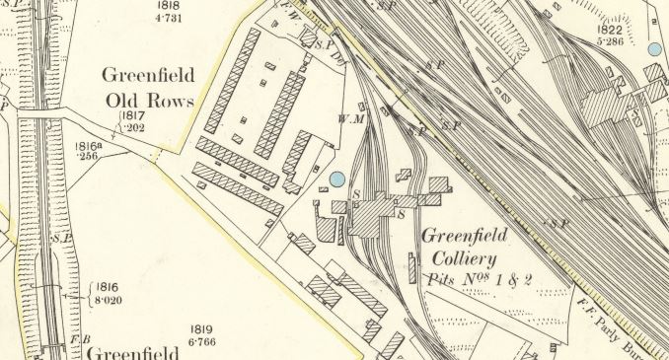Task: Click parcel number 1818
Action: point(169,5)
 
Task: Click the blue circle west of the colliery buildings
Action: point(337,179)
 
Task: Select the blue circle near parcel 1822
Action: point(654,49)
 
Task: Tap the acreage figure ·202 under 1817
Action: point(133,127)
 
